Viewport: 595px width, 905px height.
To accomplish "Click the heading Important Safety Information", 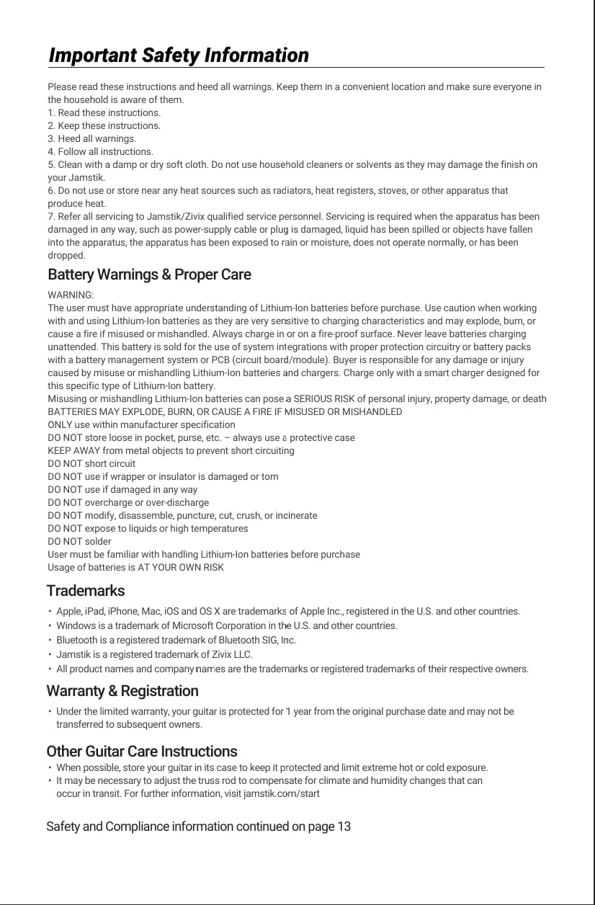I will (178, 55).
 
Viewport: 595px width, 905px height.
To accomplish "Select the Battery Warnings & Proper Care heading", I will (149, 275).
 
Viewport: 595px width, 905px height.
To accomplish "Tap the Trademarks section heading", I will (85, 591).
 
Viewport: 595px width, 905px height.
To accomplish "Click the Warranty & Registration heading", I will (122, 691).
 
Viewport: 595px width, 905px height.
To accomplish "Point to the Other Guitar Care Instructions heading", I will (141, 751).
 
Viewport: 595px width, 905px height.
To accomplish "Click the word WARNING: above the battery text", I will (71, 295).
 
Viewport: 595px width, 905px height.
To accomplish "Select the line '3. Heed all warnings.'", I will (91, 138).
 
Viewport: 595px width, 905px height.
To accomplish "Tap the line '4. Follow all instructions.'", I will (100, 151).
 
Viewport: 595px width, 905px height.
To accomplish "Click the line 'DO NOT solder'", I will (79, 541).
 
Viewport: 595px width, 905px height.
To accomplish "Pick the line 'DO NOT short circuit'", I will (91, 463).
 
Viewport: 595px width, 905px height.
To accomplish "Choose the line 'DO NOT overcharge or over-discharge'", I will (128, 502).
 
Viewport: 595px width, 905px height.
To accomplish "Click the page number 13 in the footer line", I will (344, 826).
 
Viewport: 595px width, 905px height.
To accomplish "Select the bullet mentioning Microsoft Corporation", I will (226, 625).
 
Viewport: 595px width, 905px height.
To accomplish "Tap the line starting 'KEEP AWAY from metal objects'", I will (171, 450).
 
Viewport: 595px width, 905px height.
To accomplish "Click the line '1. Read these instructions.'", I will (104, 112).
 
